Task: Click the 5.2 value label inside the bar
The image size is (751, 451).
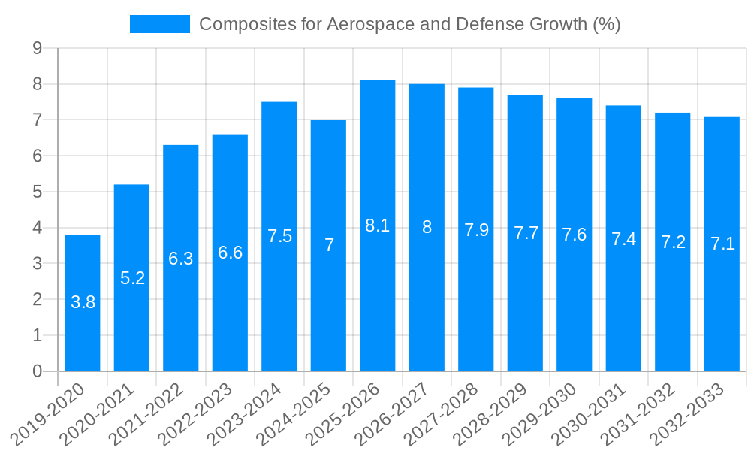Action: click(132, 278)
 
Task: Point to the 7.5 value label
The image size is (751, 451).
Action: click(279, 236)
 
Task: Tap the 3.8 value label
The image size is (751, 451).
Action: click(83, 302)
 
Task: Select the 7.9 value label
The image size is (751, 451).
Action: click(476, 230)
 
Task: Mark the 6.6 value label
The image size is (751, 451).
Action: click(230, 253)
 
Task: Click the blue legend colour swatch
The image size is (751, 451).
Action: click(159, 24)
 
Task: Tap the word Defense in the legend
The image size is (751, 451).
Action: click(485, 24)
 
